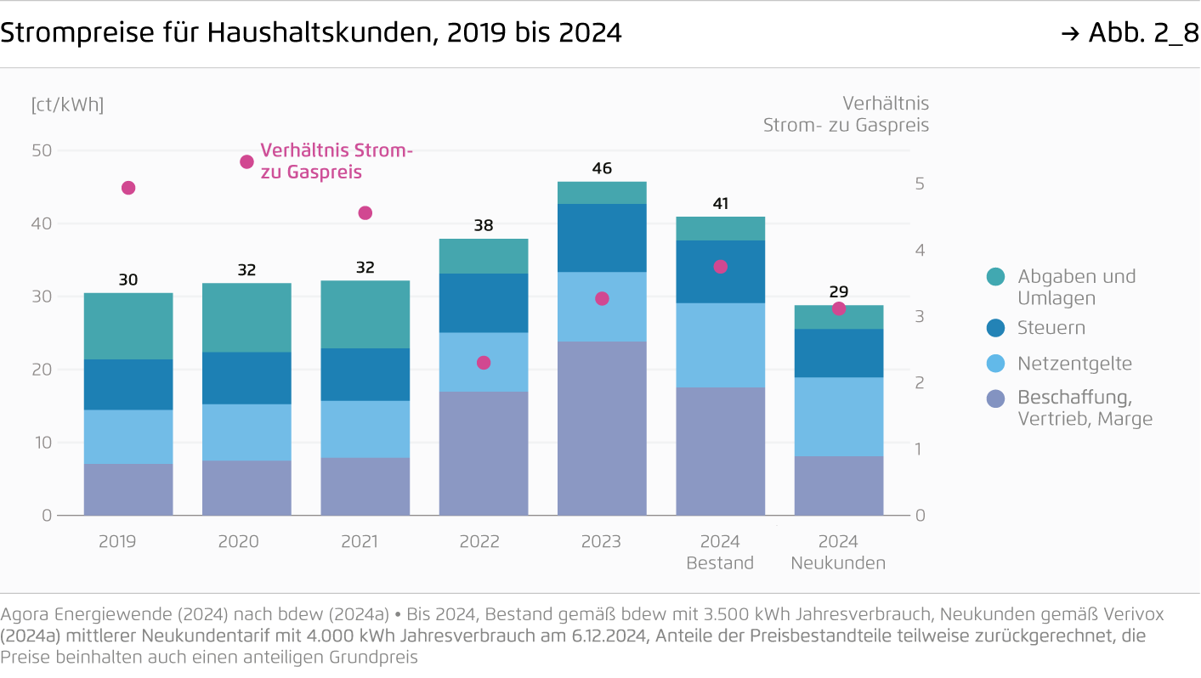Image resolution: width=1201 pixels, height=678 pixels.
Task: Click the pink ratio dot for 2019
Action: pyautogui.click(x=128, y=188)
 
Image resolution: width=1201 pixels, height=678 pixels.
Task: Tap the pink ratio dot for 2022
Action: pyautogui.click(x=484, y=363)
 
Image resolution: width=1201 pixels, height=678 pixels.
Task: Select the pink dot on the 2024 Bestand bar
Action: pyautogui.click(x=720, y=267)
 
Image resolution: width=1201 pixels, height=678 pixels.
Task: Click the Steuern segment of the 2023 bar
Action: pyautogui.click(x=602, y=238)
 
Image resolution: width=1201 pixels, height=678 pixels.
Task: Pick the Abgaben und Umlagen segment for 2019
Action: pyautogui.click(x=128, y=326)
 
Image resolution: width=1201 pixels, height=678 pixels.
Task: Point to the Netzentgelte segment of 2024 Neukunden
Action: pyautogui.click(x=838, y=416)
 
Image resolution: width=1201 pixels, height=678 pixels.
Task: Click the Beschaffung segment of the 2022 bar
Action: pyautogui.click(x=484, y=453)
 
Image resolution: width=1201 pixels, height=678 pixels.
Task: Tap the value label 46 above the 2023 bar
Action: pyautogui.click(x=602, y=168)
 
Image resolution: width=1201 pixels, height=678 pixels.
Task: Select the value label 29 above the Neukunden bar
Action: pyautogui.click(x=838, y=291)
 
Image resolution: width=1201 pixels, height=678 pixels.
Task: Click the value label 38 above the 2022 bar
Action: pyautogui.click(x=484, y=226)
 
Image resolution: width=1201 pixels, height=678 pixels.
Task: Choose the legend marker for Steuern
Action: pyautogui.click(x=996, y=328)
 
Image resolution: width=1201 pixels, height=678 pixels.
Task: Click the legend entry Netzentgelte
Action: pyautogui.click(x=1074, y=364)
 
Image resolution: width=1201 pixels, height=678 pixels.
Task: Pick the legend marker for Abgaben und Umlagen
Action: pyautogui.click(x=996, y=276)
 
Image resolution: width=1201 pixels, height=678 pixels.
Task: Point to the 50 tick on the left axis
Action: pyautogui.click(x=42, y=150)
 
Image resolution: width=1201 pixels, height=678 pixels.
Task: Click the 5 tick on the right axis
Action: pyautogui.click(x=920, y=184)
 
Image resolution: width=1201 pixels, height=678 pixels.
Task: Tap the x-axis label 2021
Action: pyautogui.click(x=360, y=542)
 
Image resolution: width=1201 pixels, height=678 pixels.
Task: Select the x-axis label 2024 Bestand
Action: pyautogui.click(x=720, y=552)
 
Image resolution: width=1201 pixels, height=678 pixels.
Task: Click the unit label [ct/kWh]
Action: pyautogui.click(x=67, y=105)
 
